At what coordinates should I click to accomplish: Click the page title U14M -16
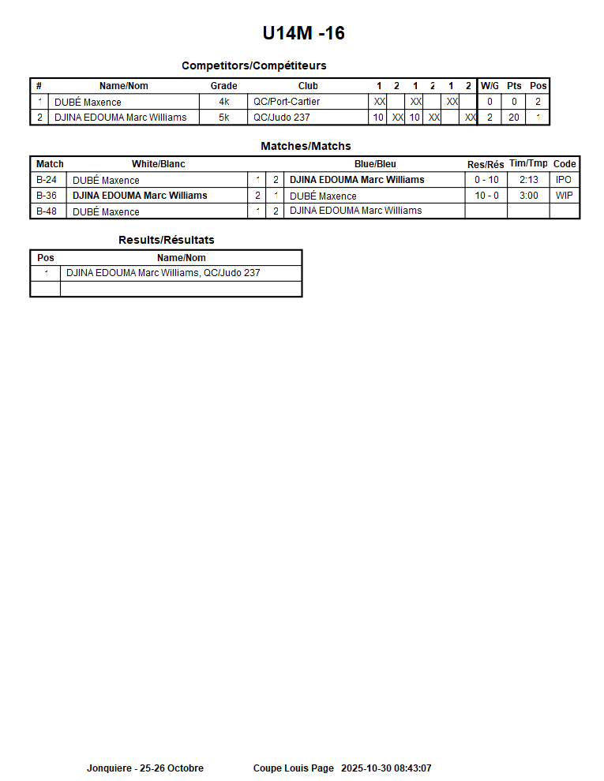pyautogui.click(x=303, y=33)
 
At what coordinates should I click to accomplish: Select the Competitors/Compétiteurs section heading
pyautogui.click(x=253, y=65)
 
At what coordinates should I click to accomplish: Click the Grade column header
pyautogui.click(x=223, y=86)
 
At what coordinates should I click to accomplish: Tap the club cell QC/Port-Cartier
pyautogui.click(x=287, y=102)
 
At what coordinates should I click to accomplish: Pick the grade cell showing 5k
pyautogui.click(x=224, y=118)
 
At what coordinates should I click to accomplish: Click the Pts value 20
pyautogui.click(x=514, y=118)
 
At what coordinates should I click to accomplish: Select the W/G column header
pyautogui.click(x=490, y=86)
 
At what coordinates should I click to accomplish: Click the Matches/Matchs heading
pyautogui.click(x=306, y=146)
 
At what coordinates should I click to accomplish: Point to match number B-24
pyautogui.click(x=47, y=180)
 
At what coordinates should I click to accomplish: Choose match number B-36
pyautogui.click(x=47, y=196)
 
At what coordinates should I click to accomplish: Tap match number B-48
pyautogui.click(x=47, y=211)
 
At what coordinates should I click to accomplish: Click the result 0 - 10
pyautogui.click(x=486, y=180)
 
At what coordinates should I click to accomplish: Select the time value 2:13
pyautogui.click(x=529, y=180)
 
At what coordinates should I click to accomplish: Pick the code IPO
pyautogui.click(x=564, y=180)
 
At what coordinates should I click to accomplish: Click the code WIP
pyautogui.click(x=564, y=196)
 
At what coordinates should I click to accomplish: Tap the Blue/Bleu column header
pyautogui.click(x=375, y=164)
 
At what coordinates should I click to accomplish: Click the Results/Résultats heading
pyautogui.click(x=166, y=240)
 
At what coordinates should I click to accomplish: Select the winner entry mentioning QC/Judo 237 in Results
pyautogui.click(x=163, y=273)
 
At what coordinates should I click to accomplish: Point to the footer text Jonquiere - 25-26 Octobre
pyautogui.click(x=145, y=768)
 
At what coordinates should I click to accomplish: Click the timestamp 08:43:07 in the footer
pyautogui.click(x=408, y=768)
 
